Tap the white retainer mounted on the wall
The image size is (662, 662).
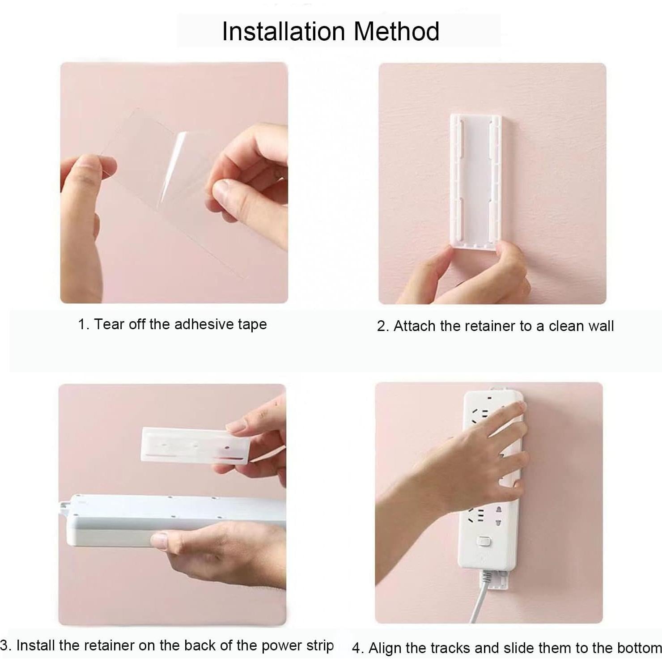click(x=475, y=179)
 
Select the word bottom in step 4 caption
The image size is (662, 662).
click(x=638, y=648)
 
